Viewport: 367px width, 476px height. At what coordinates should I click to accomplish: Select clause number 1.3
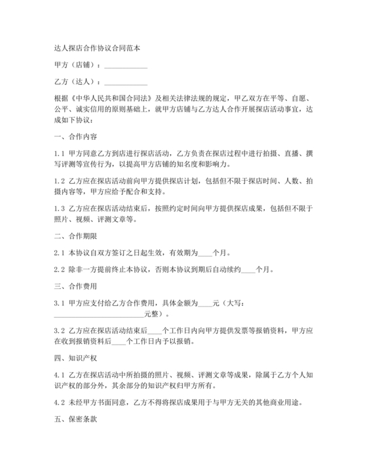coord(58,209)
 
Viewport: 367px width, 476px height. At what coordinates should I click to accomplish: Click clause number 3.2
coord(58,332)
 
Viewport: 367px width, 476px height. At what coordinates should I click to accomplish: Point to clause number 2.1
coord(58,253)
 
